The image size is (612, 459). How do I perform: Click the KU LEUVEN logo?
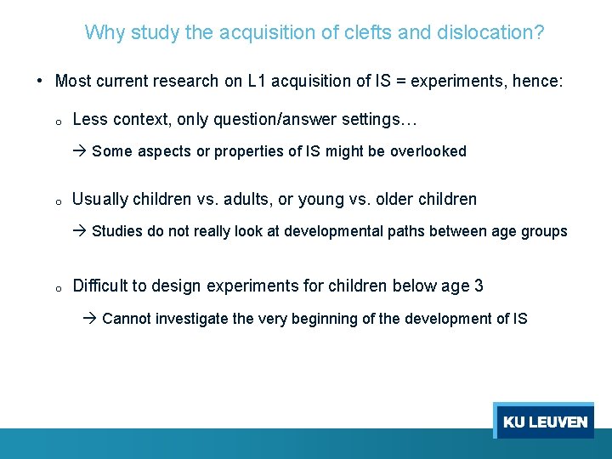(x=544, y=421)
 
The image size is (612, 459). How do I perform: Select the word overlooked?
(x=428, y=151)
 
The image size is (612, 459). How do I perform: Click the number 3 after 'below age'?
(x=479, y=286)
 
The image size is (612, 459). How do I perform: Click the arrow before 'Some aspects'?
(x=80, y=151)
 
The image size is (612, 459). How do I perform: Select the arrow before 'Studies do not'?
(x=80, y=231)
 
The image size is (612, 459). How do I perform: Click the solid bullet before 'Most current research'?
(x=41, y=82)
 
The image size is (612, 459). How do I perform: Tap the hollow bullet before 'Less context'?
(x=56, y=122)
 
